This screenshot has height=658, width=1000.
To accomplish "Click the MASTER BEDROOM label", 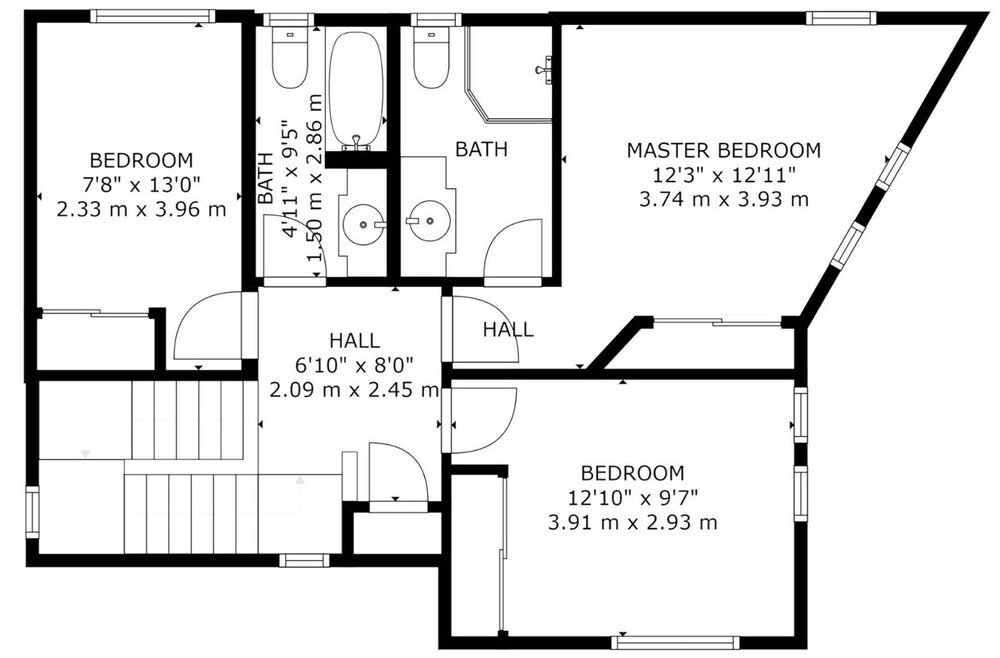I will coord(723,150).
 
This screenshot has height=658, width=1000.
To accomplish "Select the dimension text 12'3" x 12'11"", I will coord(723,175).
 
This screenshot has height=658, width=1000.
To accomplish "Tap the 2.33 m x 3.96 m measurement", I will coord(141,210).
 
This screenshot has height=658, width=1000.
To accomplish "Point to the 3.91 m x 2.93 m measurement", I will coord(633,522).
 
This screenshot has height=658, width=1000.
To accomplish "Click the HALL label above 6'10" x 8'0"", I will coord(354,341).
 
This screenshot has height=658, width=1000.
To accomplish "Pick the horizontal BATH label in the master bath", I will coord(481,150).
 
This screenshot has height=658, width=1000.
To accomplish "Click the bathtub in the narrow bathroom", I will coord(355,89).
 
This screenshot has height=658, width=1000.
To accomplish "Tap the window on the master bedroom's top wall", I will coord(843,17).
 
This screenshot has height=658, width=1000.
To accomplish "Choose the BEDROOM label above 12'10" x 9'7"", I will coord(633,473).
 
